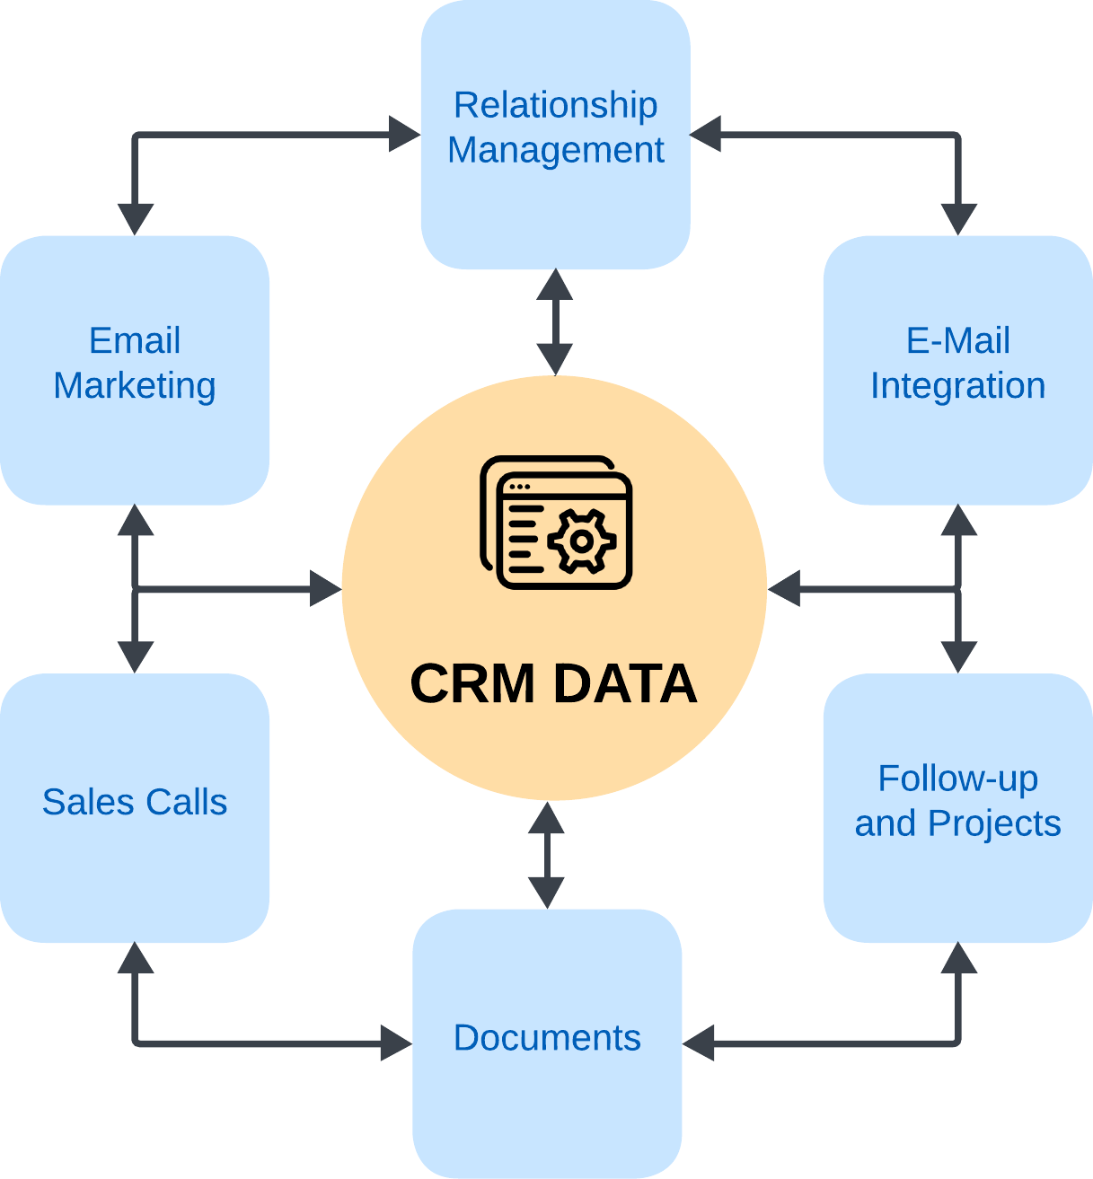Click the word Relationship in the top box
(555, 106)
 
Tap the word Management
(555, 150)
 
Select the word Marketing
(135, 386)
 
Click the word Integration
(958, 386)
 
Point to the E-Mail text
(958, 340)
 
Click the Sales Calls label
(135, 803)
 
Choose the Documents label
(547, 1038)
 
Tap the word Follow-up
(958, 779)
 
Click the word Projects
(994, 824)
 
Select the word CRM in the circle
(472, 684)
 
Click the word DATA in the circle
(625, 684)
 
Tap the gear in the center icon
(582, 541)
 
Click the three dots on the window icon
(520, 487)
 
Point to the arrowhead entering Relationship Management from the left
(404, 134)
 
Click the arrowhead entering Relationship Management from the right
(706, 134)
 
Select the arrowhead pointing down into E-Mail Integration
(959, 220)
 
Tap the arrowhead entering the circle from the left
(325, 589)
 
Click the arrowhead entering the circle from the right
(784, 589)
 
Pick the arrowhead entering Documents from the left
(396, 1043)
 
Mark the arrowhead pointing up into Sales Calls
(136, 957)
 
